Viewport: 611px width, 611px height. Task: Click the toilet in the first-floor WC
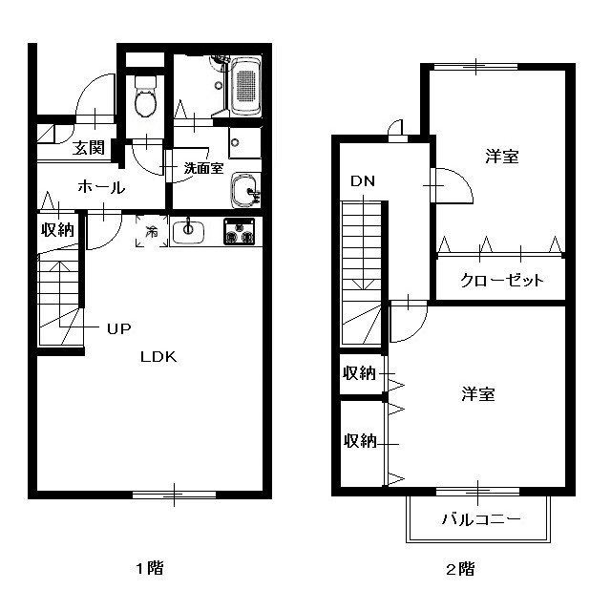(x=145, y=96)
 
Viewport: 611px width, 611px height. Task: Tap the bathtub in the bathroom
(x=245, y=87)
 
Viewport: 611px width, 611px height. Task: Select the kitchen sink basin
(x=188, y=232)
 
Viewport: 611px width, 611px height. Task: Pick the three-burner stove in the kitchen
(x=240, y=231)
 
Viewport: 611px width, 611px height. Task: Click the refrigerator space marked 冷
(x=152, y=231)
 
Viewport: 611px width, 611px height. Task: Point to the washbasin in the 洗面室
(x=245, y=191)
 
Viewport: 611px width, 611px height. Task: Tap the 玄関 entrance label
(x=89, y=148)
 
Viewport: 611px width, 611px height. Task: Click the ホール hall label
(x=101, y=188)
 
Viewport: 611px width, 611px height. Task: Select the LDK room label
(x=158, y=357)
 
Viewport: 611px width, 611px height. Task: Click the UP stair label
(x=118, y=328)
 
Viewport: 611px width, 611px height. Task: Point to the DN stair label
(x=363, y=181)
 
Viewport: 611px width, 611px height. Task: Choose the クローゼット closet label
(x=501, y=280)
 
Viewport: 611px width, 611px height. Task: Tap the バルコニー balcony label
(x=481, y=519)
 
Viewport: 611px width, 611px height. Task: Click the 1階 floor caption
(x=150, y=568)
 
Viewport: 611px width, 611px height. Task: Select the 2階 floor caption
(x=460, y=569)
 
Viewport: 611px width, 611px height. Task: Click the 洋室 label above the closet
(x=502, y=157)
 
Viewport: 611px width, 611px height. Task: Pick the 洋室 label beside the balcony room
(x=478, y=394)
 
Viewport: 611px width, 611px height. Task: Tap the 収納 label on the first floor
(x=57, y=230)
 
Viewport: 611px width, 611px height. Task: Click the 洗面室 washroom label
(x=203, y=168)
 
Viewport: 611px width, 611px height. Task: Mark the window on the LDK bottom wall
(x=174, y=495)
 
